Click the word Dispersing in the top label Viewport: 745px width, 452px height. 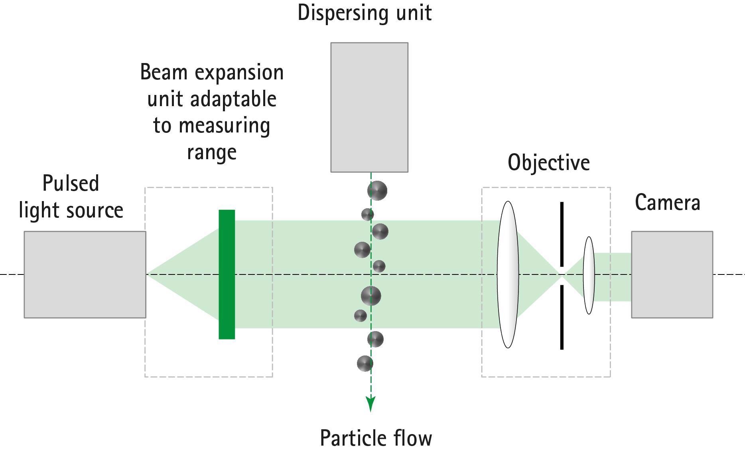(x=338, y=13)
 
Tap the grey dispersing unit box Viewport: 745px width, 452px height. (x=369, y=107)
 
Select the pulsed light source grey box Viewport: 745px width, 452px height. (x=85, y=274)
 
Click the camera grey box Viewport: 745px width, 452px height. (x=672, y=274)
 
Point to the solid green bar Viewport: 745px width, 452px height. (x=227, y=274)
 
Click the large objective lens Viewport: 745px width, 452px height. (x=508, y=274)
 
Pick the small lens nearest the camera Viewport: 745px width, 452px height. (x=589, y=275)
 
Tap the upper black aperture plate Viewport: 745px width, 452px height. (x=562, y=234)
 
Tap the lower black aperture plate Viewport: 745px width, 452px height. (x=562, y=317)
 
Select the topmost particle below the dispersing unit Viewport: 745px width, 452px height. (x=377, y=190)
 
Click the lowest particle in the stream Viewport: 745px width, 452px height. (x=365, y=363)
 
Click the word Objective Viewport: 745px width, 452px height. (x=548, y=163)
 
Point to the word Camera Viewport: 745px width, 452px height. (x=667, y=203)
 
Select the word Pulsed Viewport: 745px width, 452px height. (x=71, y=184)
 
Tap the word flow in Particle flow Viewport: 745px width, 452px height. (x=412, y=438)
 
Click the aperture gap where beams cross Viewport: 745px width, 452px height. (x=562, y=275)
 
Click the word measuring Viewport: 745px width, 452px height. (x=224, y=126)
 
